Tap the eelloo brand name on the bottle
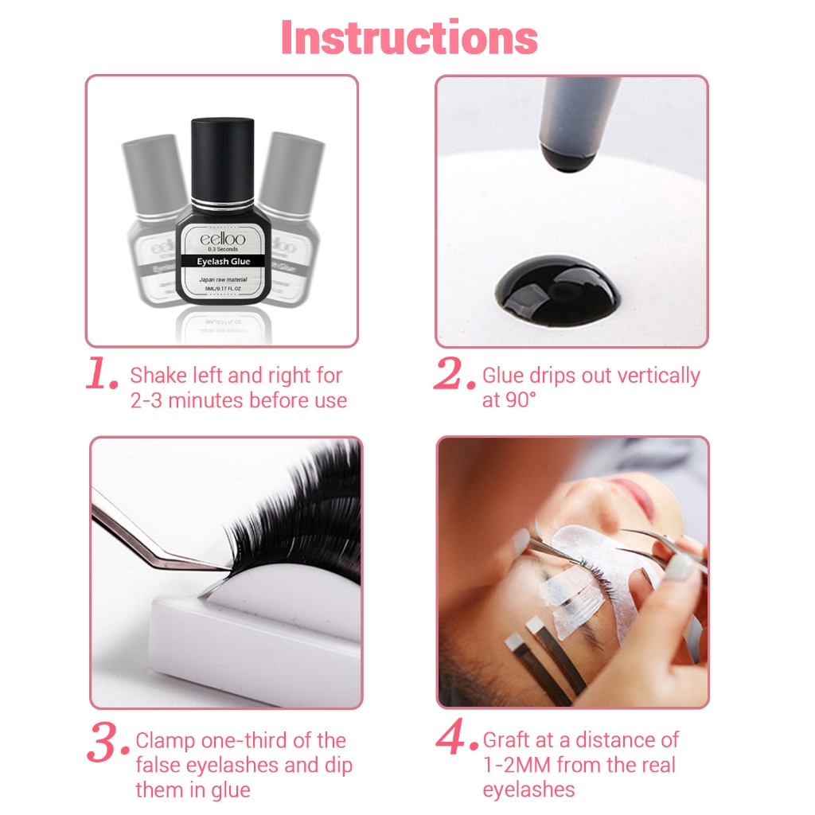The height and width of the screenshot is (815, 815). pyautogui.click(x=223, y=238)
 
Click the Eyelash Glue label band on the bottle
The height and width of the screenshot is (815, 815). pyautogui.click(x=223, y=261)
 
